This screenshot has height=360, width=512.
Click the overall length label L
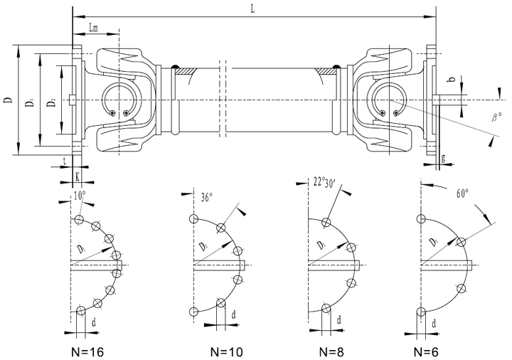254,9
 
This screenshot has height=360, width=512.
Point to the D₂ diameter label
51,104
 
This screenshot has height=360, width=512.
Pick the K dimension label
77,174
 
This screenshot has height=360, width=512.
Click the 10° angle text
79,193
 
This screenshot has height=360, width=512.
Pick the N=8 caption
335,351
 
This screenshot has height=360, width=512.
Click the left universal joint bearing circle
117,99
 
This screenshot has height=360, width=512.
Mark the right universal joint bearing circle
388,98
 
